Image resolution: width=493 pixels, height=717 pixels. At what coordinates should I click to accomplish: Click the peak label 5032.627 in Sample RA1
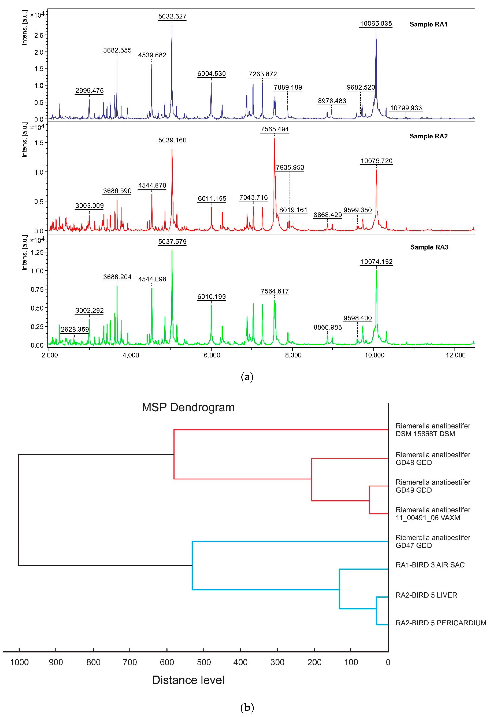172,16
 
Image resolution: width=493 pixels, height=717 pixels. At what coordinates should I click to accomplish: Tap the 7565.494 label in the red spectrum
275,129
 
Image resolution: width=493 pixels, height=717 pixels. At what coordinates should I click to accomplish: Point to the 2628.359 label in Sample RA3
75,329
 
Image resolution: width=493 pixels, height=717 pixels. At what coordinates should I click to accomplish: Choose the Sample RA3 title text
429,247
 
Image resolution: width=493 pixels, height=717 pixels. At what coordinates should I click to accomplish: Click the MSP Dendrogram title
188,407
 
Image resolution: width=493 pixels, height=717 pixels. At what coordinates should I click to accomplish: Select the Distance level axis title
188,680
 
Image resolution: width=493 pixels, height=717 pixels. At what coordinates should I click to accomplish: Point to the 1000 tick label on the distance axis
19,662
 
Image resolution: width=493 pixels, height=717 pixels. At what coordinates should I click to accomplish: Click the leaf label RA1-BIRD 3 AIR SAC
430,565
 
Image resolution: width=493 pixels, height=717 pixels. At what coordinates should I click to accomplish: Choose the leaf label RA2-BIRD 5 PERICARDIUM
441,623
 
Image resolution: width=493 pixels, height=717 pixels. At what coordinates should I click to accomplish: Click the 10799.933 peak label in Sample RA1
406,108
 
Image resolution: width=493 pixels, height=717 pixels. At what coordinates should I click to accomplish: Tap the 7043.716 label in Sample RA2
253,197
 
